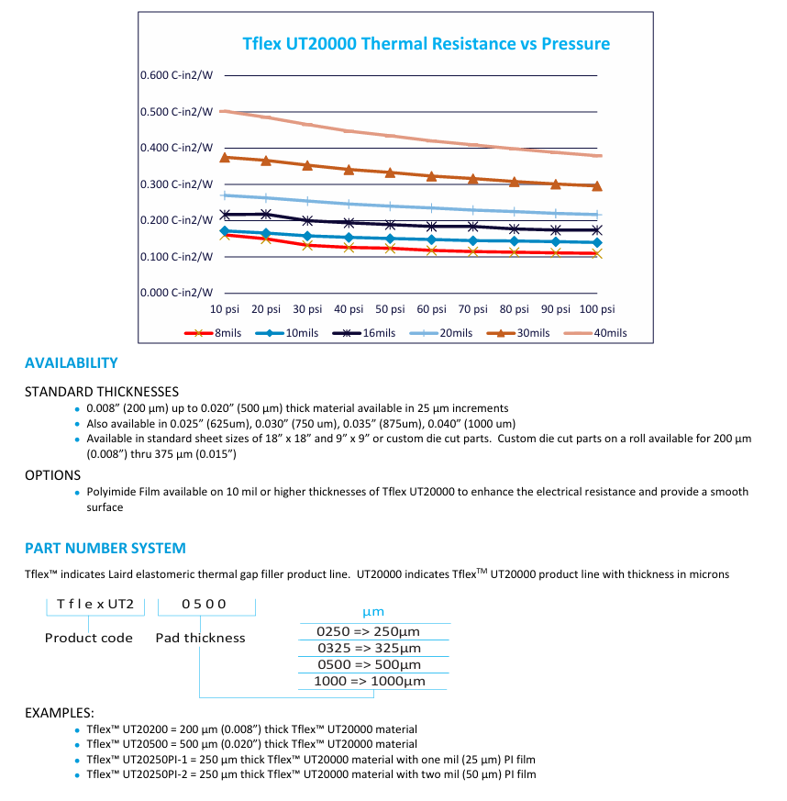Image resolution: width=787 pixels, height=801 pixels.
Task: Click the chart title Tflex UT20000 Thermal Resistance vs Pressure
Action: (x=426, y=44)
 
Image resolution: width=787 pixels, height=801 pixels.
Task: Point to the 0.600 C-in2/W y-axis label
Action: (x=177, y=75)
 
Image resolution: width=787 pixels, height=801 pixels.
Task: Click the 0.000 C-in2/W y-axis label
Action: (x=177, y=293)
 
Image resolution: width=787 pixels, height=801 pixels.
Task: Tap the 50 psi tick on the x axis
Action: (x=390, y=309)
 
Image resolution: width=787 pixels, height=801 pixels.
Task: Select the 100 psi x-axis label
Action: (x=597, y=309)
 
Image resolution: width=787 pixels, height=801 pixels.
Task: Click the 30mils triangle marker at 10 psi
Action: (x=225, y=157)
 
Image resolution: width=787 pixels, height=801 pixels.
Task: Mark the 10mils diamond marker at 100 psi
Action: (x=597, y=242)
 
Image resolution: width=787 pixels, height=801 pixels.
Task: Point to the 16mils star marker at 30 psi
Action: (x=307, y=220)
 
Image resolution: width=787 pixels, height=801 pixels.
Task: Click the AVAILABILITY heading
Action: (x=72, y=363)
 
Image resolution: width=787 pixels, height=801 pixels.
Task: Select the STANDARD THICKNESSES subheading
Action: (x=101, y=392)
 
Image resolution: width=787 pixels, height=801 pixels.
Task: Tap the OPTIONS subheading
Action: (x=52, y=475)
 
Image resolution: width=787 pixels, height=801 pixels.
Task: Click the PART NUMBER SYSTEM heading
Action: (x=105, y=549)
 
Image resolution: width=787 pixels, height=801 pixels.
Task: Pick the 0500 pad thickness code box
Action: (x=205, y=604)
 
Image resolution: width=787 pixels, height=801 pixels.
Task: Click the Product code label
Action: (x=89, y=638)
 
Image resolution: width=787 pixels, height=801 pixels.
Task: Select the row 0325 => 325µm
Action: (x=369, y=648)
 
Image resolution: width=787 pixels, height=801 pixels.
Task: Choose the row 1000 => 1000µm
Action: (x=370, y=681)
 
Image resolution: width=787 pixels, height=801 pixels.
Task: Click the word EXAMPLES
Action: (x=60, y=713)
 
